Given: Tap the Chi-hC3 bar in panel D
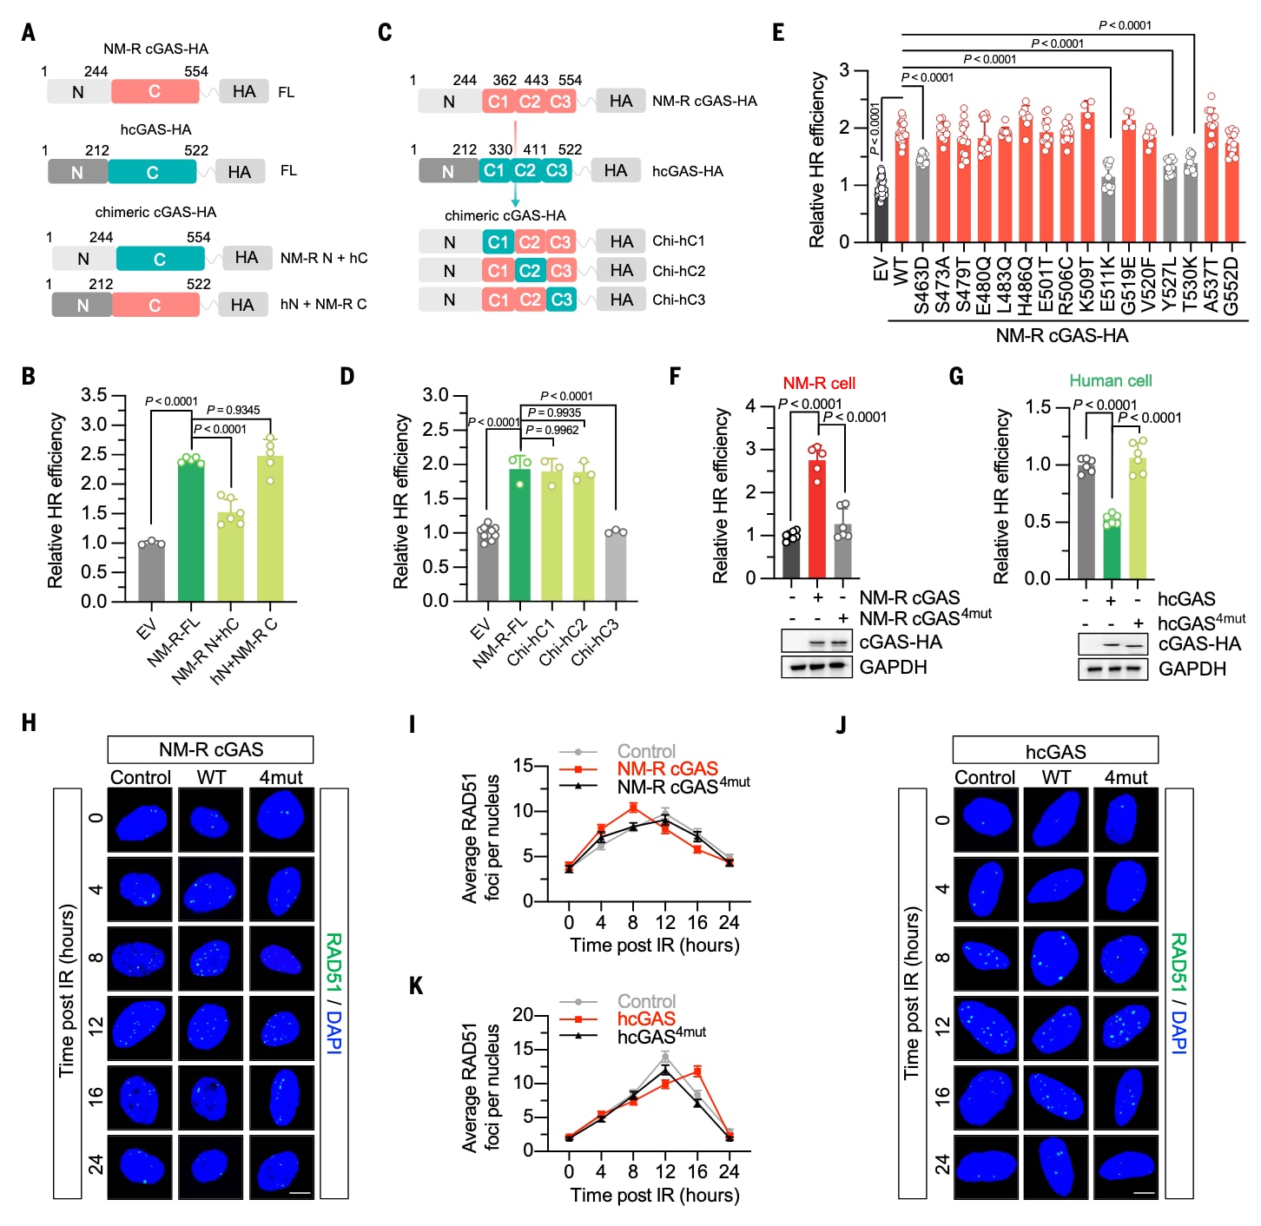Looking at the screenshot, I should click(616, 566).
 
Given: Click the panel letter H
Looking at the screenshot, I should click(29, 723).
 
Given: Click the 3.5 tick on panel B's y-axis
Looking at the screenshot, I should click(94, 396).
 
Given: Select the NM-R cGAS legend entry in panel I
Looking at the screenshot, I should click(667, 769).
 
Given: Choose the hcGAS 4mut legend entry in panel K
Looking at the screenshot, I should click(661, 1036).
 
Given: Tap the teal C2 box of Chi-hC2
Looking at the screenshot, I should click(530, 271).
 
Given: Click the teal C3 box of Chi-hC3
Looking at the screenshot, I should click(562, 300).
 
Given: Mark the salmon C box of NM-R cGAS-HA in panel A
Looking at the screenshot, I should click(155, 91).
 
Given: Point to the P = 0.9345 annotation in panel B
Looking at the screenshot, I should click(233, 410).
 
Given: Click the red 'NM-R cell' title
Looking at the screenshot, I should click(819, 383).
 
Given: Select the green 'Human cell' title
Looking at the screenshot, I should click(1110, 381).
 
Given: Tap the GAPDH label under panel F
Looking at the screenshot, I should click(893, 667).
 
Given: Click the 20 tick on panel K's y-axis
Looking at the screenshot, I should click(522, 1015).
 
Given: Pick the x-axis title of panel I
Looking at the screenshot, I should click(654, 946).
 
